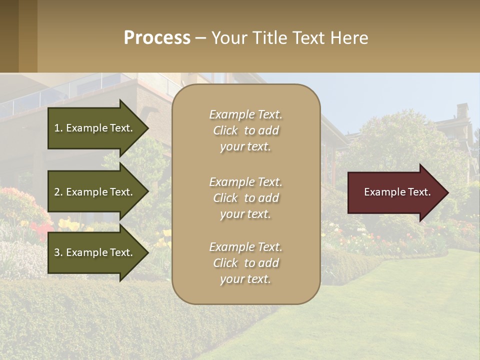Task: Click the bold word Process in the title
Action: coord(157,38)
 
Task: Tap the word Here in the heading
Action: coord(348,38)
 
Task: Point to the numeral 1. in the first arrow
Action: coord(58,128)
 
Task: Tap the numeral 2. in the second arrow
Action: coord(58,192)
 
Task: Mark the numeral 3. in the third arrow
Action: coord(58,252)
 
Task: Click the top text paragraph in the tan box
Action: coord(245,130)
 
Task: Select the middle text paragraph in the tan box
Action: coord(245,197)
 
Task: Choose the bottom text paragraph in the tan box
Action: coord(245,263)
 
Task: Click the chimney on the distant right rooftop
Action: coord(462,111)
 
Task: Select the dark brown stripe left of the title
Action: coord(9,36)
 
